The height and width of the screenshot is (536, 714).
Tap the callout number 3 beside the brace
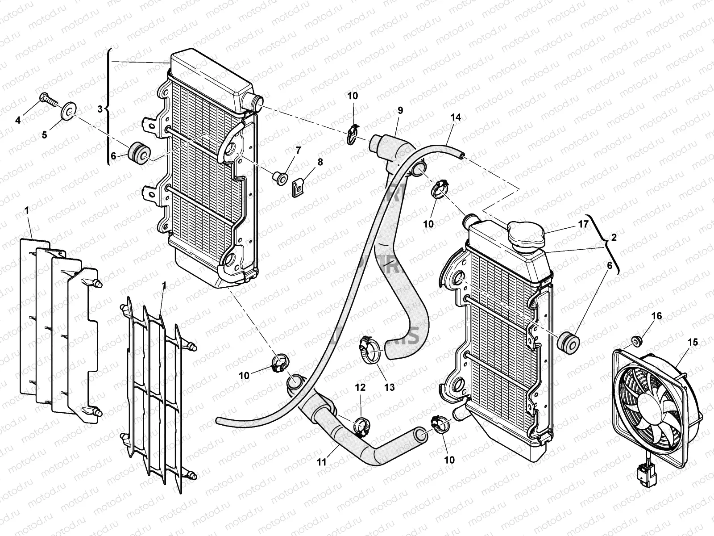pos(100,109)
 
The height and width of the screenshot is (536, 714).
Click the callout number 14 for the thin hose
pos(455,117)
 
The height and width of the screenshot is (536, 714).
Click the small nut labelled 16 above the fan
pos(637,342)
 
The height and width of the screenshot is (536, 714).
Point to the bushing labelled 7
pos(280,178)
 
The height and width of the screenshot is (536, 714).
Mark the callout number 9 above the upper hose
pos(400,110)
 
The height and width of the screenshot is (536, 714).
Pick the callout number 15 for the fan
pos(680,343)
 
